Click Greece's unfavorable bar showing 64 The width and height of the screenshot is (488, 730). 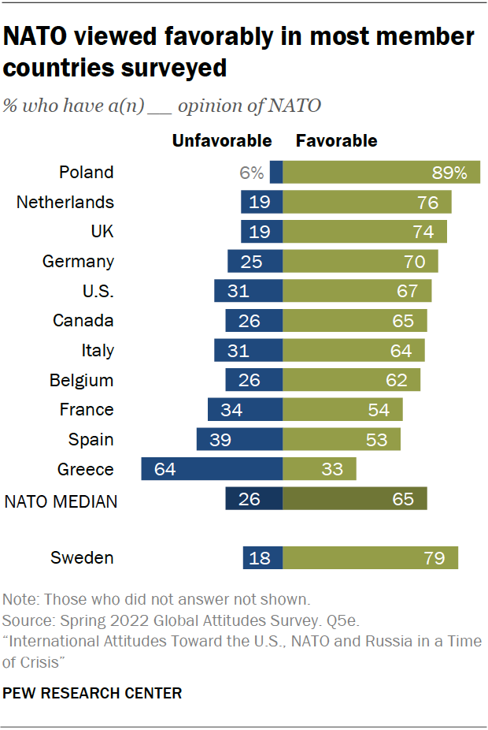[x=212, y=469]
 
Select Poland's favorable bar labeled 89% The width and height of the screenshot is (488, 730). [x=381, y=172]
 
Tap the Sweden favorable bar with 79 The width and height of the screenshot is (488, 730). [x=370, y=558]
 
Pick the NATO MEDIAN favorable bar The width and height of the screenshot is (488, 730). [x=355, y=499]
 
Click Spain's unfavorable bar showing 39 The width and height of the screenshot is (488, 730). [x=239, y=439]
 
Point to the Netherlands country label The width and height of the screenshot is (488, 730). [x=65, y=202]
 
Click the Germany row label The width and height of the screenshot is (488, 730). [x=78, y=261]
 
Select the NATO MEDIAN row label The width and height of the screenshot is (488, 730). [x=61, y=500]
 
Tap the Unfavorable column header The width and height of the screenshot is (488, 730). [x=222, y=141]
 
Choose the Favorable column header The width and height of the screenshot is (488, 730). [x=336, y=141]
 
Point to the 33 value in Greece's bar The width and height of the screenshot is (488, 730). [x=333, y=470]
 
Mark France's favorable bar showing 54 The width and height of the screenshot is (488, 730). [x=342, y=410]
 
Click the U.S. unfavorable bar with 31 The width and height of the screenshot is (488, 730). [x=248, y=291]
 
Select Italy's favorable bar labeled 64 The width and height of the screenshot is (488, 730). [x=353, y=350]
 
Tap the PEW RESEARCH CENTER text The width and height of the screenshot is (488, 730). [x=93, y=694]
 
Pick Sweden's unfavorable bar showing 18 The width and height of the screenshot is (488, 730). [x=263, y=558]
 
